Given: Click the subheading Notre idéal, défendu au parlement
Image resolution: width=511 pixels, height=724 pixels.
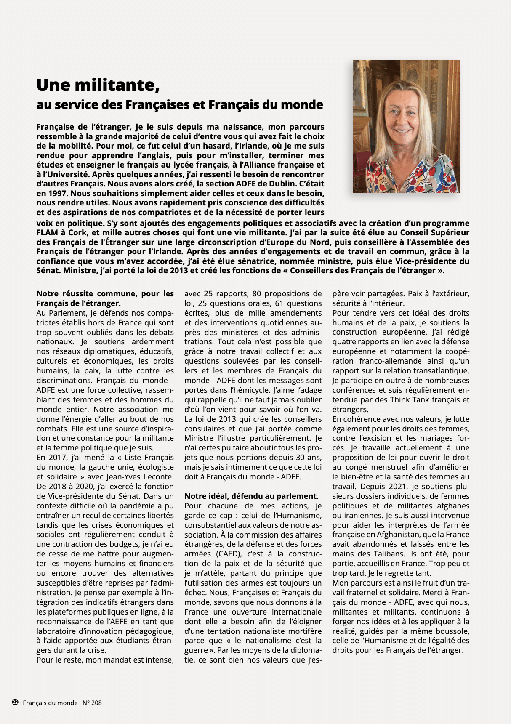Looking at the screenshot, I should click(x=251, y=496).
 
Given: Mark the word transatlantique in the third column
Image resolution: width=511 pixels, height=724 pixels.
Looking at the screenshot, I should click(x=443, y=371).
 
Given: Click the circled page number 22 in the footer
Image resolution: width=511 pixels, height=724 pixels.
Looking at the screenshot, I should click(x=15, y=702).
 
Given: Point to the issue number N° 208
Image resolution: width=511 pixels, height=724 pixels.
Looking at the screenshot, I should click(x=92, y=703).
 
